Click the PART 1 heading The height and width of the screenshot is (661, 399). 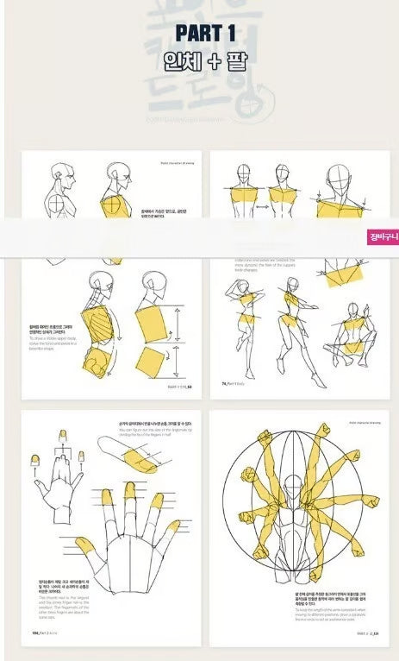point(204,33)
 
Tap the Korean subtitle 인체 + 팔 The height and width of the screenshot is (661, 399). point(204,62)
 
